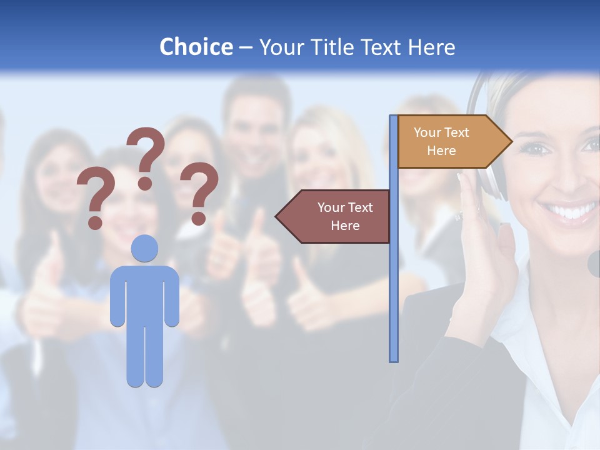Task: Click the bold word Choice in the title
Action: coord(196,47)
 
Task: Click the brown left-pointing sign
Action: coord(334,216)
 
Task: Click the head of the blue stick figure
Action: coord(144,248)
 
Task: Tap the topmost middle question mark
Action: coord(146,156)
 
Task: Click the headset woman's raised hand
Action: coord(487,244)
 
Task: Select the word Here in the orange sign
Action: coord(441,151)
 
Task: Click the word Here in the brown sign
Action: coord(345,226)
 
